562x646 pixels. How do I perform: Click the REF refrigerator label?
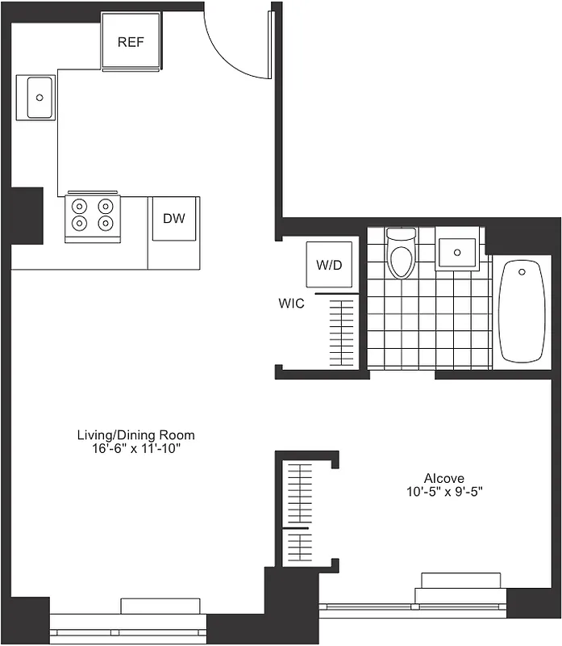click(131, 42)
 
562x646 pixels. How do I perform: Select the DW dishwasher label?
click(174, 218)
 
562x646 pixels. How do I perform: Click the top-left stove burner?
click(80, 205)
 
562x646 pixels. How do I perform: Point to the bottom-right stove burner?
click(106, 222)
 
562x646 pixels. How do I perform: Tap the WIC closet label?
click(291, 304)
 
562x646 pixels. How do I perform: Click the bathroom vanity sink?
click(459, 252)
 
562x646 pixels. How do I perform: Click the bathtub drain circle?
click(522, 271)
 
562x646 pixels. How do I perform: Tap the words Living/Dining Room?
click(135, 435)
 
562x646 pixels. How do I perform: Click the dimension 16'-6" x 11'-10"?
click(135, 449)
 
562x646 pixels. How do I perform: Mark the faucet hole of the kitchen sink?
click(39, 97)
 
